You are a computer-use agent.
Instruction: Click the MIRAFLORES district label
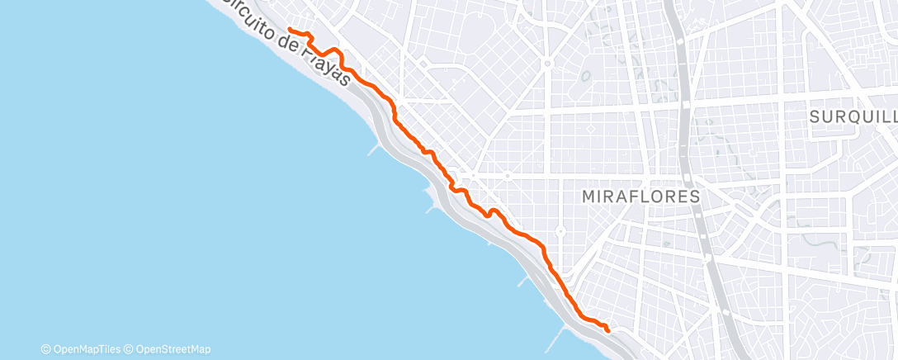[x=640, y=197]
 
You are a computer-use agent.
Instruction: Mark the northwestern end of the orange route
[x=289, y=30]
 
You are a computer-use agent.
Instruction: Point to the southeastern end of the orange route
[x=608, y=329]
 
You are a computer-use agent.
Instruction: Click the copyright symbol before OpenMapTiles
[x=46, y=349]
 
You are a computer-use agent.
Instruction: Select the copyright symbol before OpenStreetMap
[x=128, y=349]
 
